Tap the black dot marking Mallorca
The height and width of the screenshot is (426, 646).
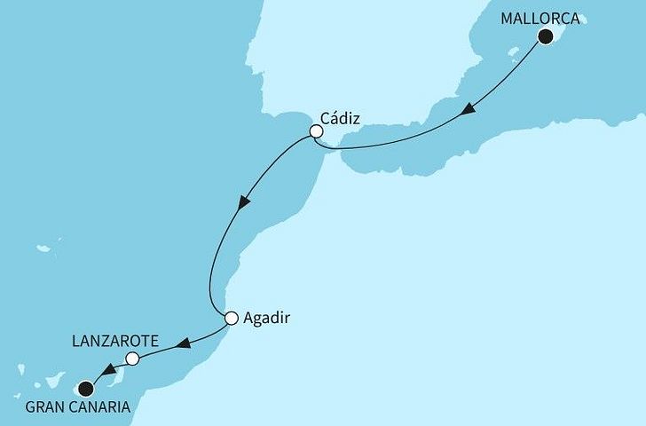tap(547, 36)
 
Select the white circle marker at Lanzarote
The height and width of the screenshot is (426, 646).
tap(132, 359)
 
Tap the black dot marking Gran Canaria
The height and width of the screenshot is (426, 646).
tap(85, 388)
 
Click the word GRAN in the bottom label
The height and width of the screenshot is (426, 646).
tap(49, 407)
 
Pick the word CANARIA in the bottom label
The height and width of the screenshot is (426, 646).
tap(104, 407)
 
